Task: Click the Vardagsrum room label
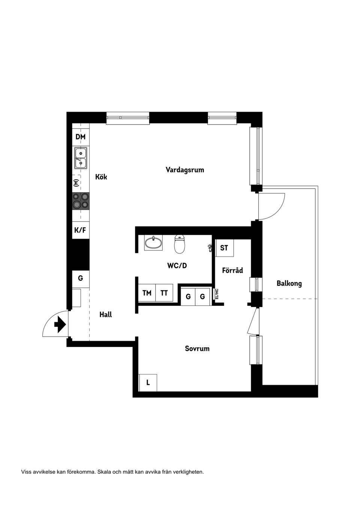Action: (185, 170)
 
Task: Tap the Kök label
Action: (101, 177)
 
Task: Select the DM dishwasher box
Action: (81, 137)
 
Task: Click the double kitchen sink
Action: (81, 158)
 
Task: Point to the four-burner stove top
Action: (81, 200)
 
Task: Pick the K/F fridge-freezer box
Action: (80, 230)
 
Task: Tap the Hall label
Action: (105, 314)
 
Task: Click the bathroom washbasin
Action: (154, 243)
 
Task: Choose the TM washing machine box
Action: (147, 293)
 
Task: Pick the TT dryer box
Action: (164, 293)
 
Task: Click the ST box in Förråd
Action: (224, 248)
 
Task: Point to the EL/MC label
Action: (217, 293)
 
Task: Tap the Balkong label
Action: (289, 283)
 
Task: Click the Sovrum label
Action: (197, 349)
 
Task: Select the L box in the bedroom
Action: (148, 383)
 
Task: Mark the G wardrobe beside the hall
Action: (80, 278)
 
